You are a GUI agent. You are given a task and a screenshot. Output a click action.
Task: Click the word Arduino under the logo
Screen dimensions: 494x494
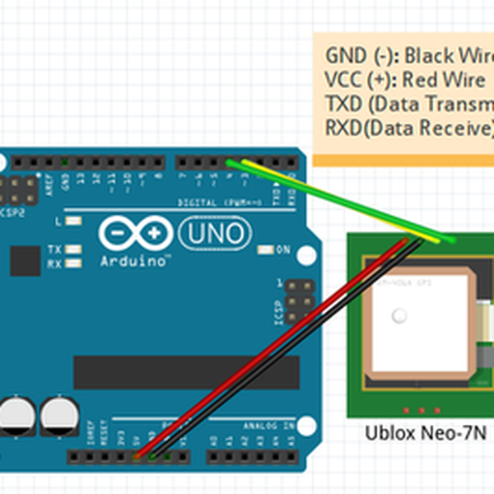pos(133,261)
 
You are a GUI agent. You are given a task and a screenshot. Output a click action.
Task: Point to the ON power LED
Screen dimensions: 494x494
pos(266,249)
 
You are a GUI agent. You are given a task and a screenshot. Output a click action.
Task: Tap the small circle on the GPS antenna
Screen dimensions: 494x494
pos(400,315)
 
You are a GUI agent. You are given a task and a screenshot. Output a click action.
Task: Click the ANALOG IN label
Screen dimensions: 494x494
pos(268,426)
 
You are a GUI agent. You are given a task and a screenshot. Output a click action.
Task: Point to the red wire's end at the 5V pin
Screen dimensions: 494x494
pos(137,454)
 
